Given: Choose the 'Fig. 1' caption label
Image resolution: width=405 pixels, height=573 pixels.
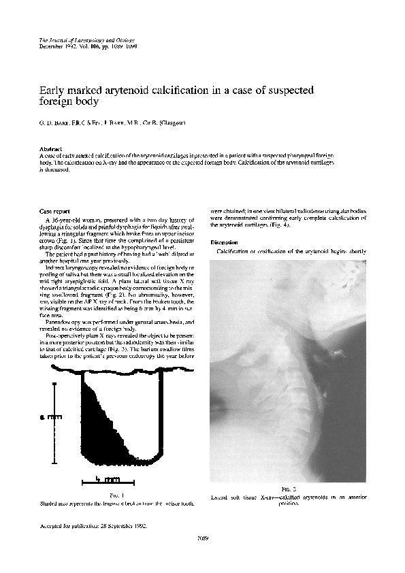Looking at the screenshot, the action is [x=116, y=497].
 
